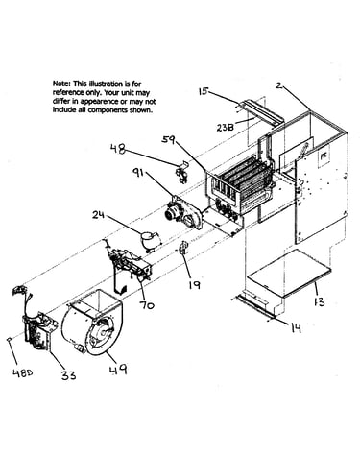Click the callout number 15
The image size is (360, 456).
click(204, 91)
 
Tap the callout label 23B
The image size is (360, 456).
click(225, 127)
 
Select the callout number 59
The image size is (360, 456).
click(168, 139)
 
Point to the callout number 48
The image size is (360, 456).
click(118, 149)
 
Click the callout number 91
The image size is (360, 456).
click(140, 175)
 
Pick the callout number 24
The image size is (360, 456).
click(100, 214)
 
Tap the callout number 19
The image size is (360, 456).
click(195, 284)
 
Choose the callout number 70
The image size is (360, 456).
click(147, 305)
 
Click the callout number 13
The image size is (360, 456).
click(319, 301)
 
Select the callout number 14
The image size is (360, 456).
click(296, 327)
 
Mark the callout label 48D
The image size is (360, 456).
click(23, 372)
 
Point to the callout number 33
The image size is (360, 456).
click(69, 374)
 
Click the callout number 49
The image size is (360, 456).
click(118, 370)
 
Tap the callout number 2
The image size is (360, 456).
click(279, 85)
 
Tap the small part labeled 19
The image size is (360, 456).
click(183, 248)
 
